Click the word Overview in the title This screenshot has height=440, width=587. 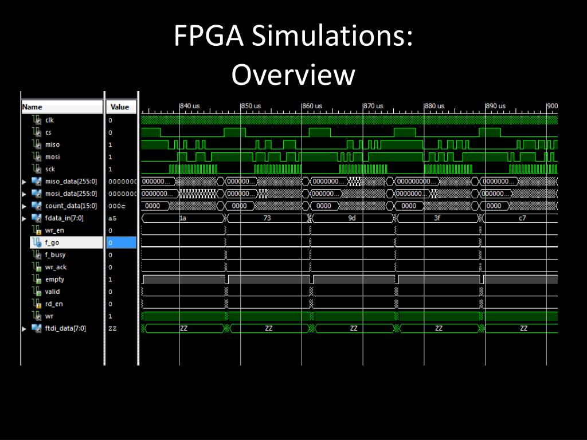pos(293,75)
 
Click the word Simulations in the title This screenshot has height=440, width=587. pos(332,38)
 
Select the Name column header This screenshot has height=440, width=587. pos(32,107)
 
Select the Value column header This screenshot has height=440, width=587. pos(120,107)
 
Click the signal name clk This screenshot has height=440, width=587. pos(49,120)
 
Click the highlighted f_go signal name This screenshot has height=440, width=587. pos(52,243)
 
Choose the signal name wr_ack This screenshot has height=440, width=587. pos(56,268)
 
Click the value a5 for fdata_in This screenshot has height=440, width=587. pos(112,218)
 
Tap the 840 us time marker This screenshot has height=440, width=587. pos(190,106)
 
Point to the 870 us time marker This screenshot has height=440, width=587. pos(373,106)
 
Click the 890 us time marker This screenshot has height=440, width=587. pos(496,106)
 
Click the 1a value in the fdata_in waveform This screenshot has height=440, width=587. pos(183,218)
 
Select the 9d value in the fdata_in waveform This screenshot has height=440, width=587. pos(352,218)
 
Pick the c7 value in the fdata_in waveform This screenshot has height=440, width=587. pos(522,218)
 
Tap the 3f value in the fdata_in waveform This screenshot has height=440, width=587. pos(437,218)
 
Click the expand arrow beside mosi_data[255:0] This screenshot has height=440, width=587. pos(24,194)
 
